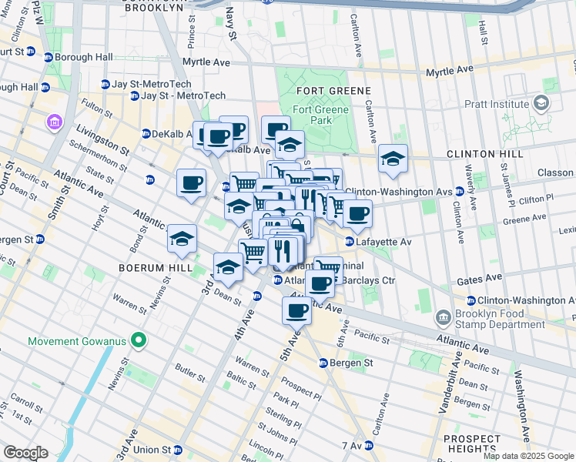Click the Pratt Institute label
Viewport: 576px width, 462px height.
click(x=497, y=102)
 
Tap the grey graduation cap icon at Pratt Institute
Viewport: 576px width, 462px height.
click(x=541, y=102)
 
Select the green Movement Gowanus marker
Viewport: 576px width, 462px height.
click(x=139, y=340)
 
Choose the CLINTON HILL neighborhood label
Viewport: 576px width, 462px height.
click(x=485, y=154)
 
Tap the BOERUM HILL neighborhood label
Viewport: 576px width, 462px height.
click(x=149, y=268)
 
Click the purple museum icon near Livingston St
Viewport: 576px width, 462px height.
click(x=54, y=122)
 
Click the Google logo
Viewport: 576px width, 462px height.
click(x=25, y=453)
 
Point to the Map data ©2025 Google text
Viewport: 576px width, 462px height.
click(x=527, y=456)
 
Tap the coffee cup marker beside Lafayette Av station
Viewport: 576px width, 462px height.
click(x=357, y=213)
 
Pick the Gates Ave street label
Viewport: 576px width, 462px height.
click(x=475, y=283)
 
